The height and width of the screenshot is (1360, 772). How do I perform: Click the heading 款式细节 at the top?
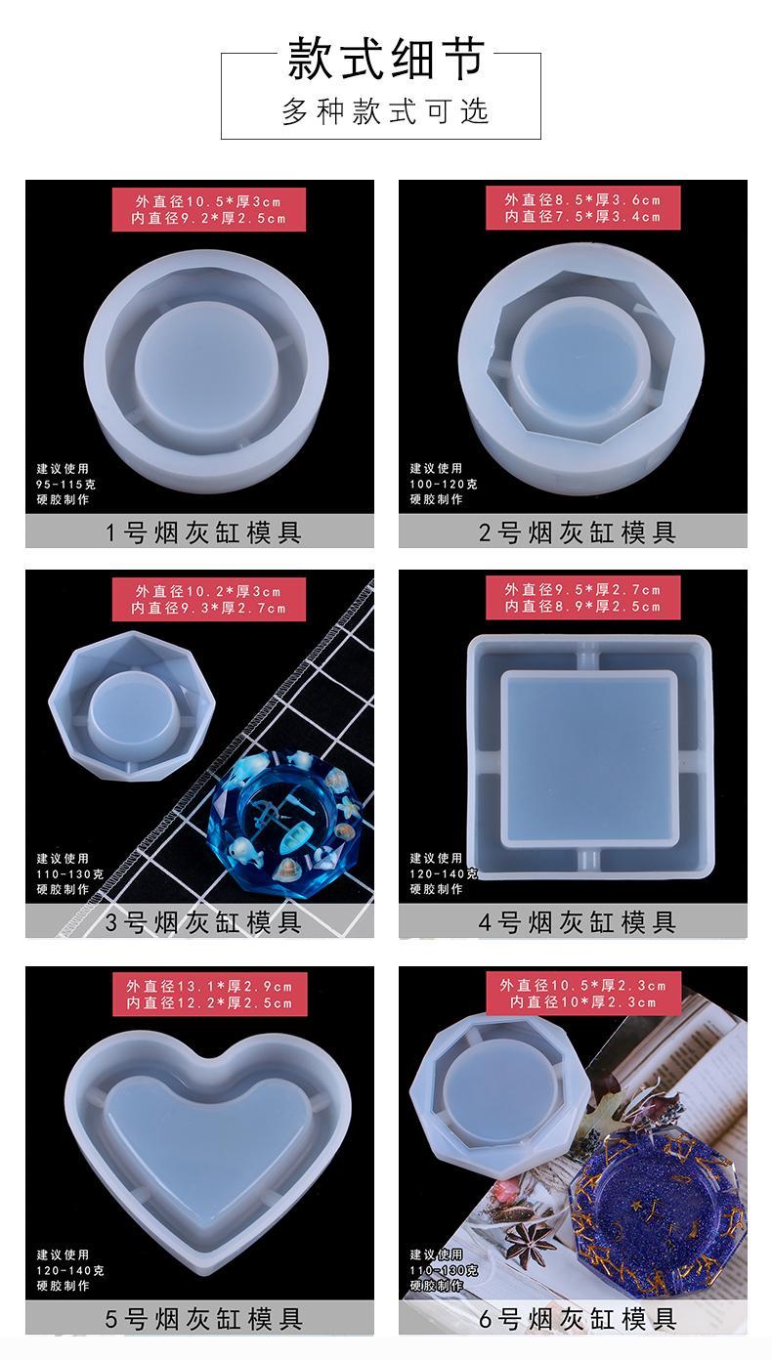[x=386, y=59]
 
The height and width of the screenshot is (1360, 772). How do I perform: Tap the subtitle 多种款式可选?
[x=386, y=111]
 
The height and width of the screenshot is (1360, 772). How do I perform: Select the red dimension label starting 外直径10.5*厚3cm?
[x=209, y=209]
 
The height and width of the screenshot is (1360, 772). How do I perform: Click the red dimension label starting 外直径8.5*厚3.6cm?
[x=582, y=208]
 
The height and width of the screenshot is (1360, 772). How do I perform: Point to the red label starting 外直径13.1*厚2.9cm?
[x=209, y=995]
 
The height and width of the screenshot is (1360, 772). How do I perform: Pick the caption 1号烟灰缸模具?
[x=203, y=532]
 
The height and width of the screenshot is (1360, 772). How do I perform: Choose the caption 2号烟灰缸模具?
[x=577, y=532]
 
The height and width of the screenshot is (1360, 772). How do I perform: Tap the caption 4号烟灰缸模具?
[x=577, y=922]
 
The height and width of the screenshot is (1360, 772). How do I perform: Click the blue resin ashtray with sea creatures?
[x=290, y=824]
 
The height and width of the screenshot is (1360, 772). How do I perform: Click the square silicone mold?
[x=589, y=756]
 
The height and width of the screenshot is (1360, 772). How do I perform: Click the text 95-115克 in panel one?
[x=66, y=485]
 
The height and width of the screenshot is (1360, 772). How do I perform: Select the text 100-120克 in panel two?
[x=444, y=484]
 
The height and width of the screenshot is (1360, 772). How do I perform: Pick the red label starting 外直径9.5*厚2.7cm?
[x=582, y=597]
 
